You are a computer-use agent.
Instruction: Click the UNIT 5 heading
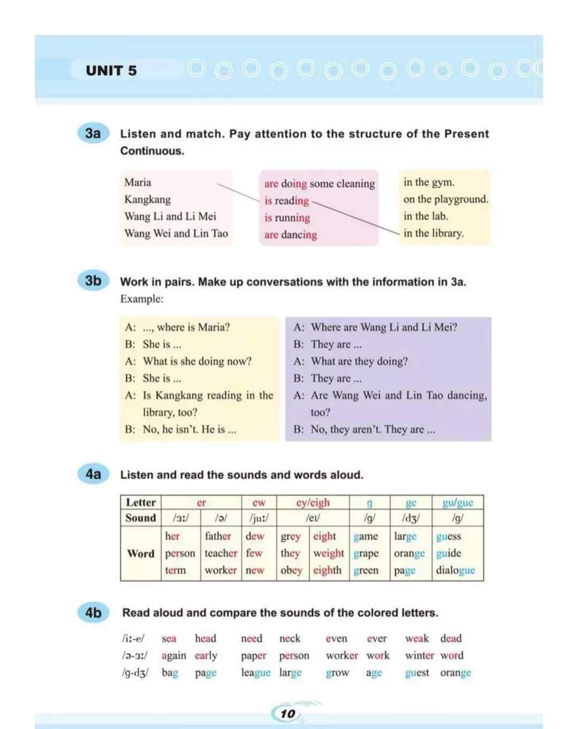pyautogui.click(x=111, y=71)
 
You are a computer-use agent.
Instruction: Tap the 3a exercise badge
pyautogui.click(x=93, y=133)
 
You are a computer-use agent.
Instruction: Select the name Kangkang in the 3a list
pyautogui.click(x=148, y=199)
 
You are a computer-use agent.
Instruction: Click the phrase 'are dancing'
pyautogui.click(x=291, y=235)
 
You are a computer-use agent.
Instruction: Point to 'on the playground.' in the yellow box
pyautogui.click(x=446, y=199)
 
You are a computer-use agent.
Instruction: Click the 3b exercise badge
pyautogui.click(x=93, y=280)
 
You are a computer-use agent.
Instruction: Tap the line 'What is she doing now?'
pyautogui.click(x=197, y=361)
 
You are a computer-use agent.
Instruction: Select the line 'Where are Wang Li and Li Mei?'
pyautogui.click(x=384, y=327)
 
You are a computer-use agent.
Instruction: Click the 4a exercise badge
pyautogui.click(x=93, y=474)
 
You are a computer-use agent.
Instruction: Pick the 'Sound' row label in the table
pyautogui.click(x=141, y=518)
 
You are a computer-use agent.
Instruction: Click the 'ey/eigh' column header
pyautogui.click(x=313, y=502)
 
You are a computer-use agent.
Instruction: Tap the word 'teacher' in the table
pyautogui.click(x=220, y=553)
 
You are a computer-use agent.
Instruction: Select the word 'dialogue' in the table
pyautogui.click(x=455, y=570)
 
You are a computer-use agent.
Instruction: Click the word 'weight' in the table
pyautogui.click(x=329, y=553)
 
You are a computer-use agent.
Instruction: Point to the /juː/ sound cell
pyautogui.click(x=259, y=518)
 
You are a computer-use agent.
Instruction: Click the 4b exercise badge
pyautogui.click(x=93, y=612)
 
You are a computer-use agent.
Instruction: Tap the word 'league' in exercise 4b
pyautogui.click(x=256, y=672)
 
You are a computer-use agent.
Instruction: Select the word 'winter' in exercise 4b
pyautogui.click(x=419, y=655)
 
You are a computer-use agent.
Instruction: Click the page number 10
pyautogui.click(x=288, y=713)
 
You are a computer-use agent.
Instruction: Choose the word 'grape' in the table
pyautogui.click(x=366, y=553)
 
